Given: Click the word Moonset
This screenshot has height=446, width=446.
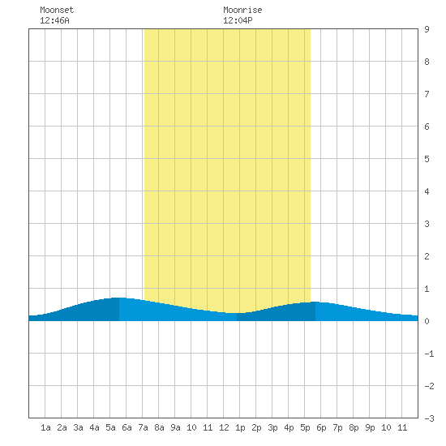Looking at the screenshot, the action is [x=57, y=10].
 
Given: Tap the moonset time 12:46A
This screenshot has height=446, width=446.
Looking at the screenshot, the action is [x=54, y=20].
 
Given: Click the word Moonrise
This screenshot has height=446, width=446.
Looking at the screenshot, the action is [x=242, y=10].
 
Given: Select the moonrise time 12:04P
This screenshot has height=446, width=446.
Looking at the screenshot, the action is [x=238, y=20].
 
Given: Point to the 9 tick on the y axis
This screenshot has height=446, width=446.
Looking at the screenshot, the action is [x=427, y=29].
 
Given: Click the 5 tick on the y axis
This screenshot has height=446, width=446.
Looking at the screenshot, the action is [x=427, y=159].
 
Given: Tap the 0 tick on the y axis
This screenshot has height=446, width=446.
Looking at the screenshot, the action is [x=427, y=321].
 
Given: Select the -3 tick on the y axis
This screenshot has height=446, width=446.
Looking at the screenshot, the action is [x=429, y=418].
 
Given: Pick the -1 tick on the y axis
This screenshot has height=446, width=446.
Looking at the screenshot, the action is [x=429, y=354].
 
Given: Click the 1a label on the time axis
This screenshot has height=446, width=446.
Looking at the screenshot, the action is [x=45, y=427].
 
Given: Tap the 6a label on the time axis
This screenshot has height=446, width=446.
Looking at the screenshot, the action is [x=127, y=427].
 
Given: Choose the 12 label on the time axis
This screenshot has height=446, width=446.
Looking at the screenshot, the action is [x=224, y=427].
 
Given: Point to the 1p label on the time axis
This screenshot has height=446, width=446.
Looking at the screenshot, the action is [x=240, y=427].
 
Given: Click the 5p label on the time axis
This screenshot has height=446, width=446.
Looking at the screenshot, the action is [x=305, y=427].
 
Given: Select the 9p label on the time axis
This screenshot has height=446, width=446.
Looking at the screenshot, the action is [x=370, y=427].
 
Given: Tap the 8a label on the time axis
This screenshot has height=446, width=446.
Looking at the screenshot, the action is [x=159, y=427].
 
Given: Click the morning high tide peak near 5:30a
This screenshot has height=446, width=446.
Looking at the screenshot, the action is [x=119, y=298].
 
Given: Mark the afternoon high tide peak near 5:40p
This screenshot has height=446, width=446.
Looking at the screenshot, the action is [x=315, y=302].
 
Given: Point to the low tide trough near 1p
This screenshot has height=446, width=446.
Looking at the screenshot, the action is [x=237, y=313].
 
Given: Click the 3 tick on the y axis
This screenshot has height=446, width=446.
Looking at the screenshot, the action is [x=427, y=224].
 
